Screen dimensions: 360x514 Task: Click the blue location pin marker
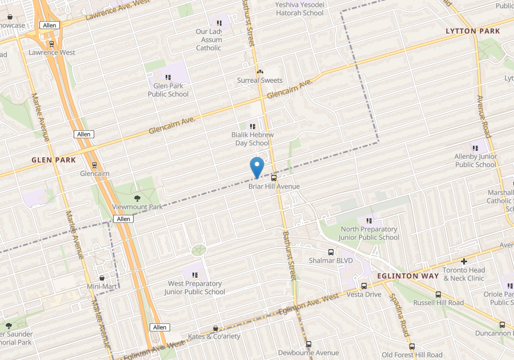point(257,166)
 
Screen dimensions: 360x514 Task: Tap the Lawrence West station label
point(52,53)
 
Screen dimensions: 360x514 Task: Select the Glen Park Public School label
point(168,90)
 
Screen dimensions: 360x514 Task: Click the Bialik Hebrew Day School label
point(252,139)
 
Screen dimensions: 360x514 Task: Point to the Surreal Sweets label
point(260,81)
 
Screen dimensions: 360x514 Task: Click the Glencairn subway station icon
point(94,165)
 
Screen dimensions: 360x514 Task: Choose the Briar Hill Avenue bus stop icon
point(274,178)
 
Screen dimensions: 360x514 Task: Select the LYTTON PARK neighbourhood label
point(473,31)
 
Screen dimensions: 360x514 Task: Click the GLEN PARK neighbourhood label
point(54,160)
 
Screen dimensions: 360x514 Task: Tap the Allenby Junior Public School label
point(476,161)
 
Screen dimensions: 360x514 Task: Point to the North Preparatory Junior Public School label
point(368,233)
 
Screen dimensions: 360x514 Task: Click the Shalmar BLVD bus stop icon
point(331,252)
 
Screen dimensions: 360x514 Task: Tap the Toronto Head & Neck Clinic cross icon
point(464,261)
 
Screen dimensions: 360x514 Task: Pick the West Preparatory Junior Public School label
point(195,287)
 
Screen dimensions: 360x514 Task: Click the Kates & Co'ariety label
point(214,336)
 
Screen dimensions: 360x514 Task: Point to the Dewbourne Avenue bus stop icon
point(308,344)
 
